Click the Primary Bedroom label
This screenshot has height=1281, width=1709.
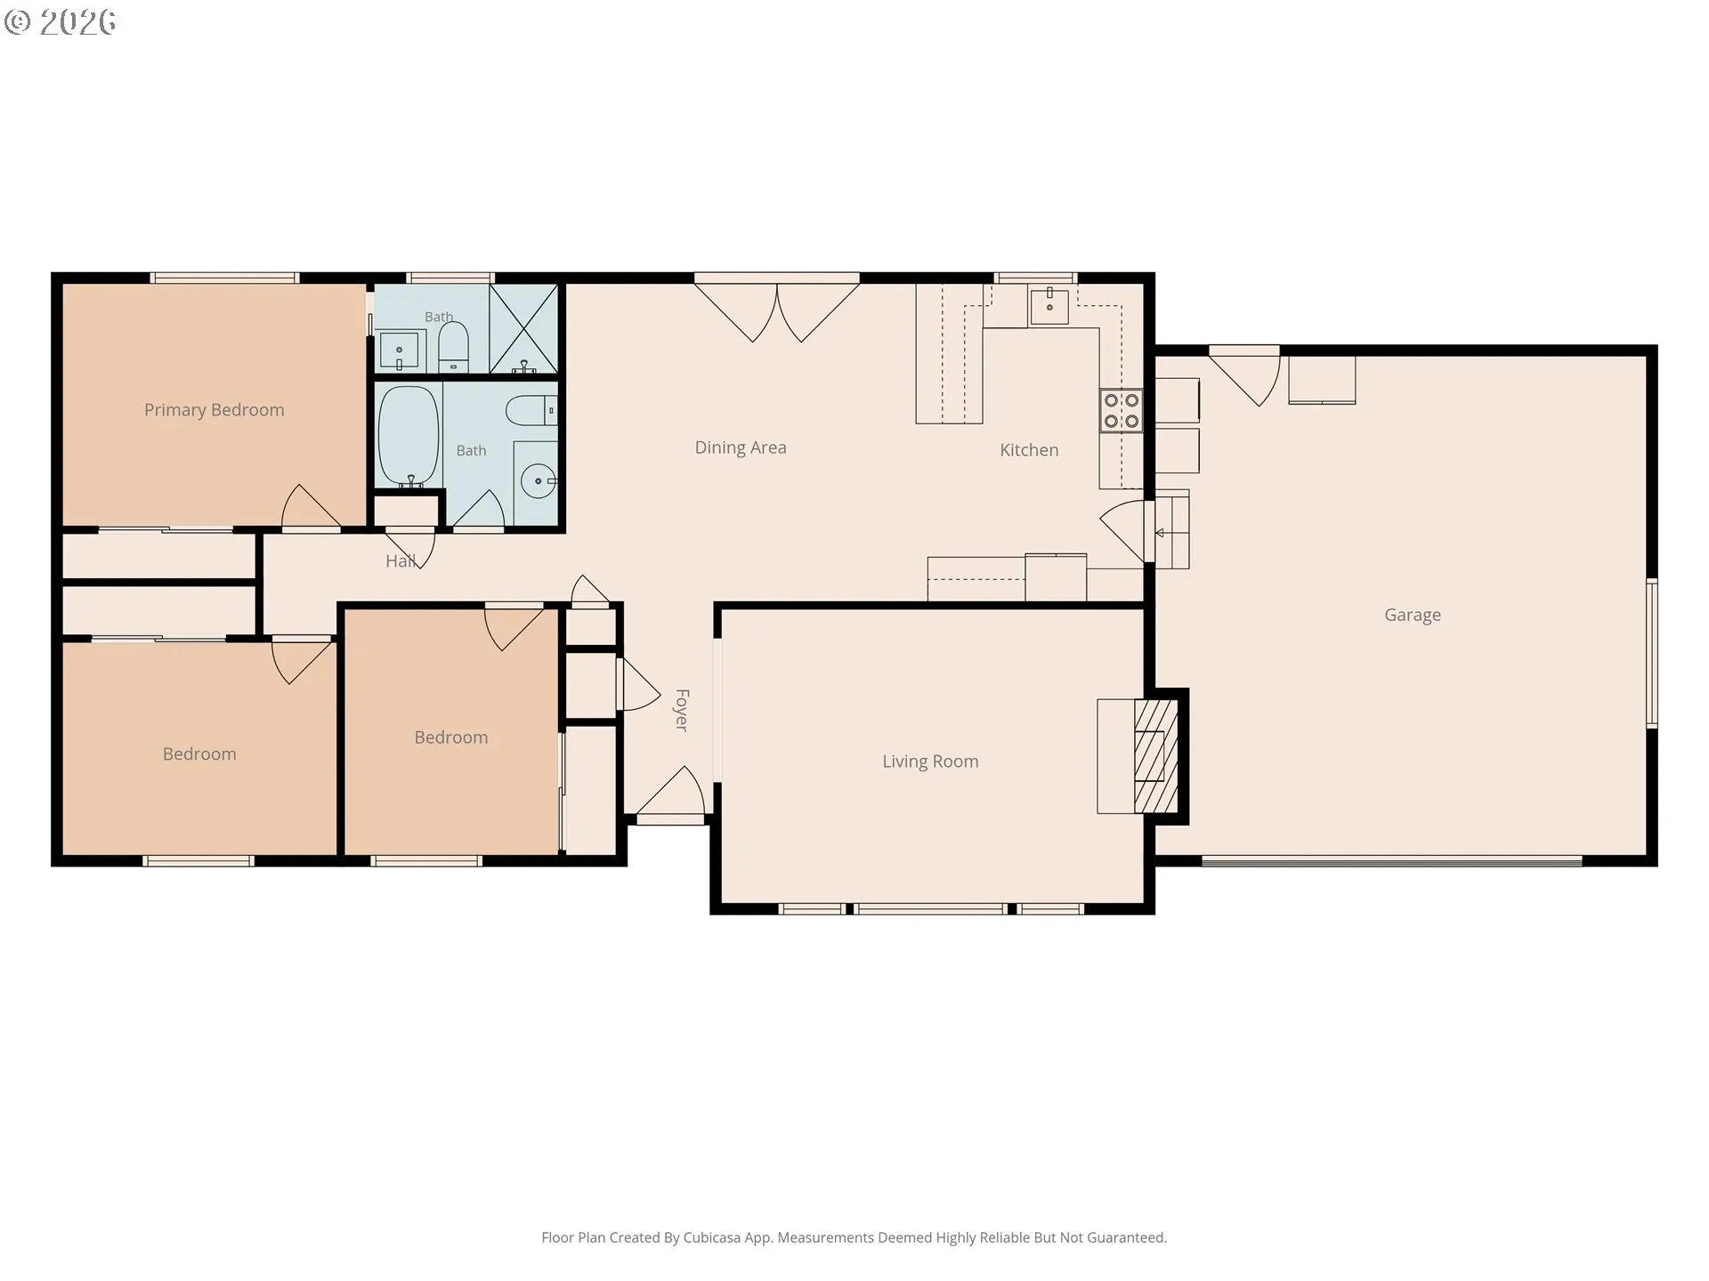(x=215, y=410)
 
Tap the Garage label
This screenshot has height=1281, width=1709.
(x=1413, y=615)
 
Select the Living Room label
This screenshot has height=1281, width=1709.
(x=930, y=761)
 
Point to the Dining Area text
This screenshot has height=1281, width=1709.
(x=741, y=447)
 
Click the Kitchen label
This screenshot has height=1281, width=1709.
(x=1029, y=450)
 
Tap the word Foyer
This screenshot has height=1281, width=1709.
(x=682, y=710)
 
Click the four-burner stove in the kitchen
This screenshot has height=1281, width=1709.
(x=1121, y=410)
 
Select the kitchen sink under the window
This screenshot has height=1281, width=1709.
(x=1050, y=305)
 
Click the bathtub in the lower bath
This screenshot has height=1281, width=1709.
(x=409, y=436)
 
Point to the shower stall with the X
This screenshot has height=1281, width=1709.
(x=524, y=328)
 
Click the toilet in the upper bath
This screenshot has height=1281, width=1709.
(x=453, y=347)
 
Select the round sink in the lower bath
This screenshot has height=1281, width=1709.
(x=538, y=481)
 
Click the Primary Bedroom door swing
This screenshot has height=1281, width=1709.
(x=311, y=507)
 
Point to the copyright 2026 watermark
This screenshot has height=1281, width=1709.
(x=60, y=22)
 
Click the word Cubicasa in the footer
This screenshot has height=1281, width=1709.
(x=711, y=1237)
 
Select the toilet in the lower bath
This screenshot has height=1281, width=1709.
(x=531, y=410)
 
